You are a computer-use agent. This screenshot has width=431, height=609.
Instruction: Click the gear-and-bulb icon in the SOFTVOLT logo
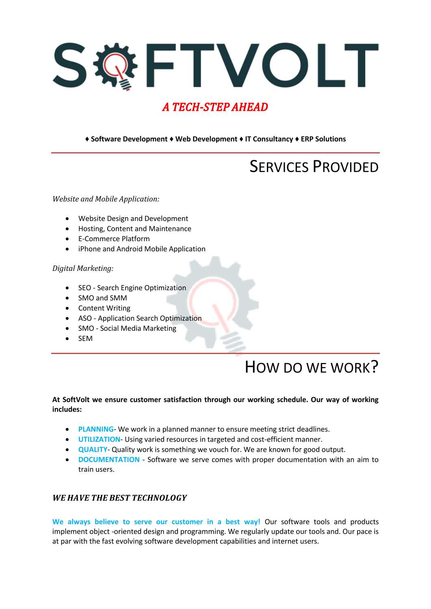[x=115, y=66]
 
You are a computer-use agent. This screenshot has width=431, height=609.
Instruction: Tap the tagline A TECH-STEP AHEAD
[x=215, y=107]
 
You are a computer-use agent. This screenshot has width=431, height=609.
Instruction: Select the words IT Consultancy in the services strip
[x=269, y=139]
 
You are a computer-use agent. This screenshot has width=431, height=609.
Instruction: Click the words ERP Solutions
[x=323, y=139]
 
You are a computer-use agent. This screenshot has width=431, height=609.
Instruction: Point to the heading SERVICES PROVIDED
[x=314, y=167]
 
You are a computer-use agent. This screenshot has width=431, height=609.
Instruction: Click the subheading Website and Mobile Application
[x=106, y=199]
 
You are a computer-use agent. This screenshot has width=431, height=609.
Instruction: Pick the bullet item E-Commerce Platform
[x=114, y=239]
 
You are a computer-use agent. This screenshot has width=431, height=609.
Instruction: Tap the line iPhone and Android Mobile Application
[x=142, y=249]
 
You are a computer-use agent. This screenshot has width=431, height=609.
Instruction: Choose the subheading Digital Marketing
[x=83, y=268]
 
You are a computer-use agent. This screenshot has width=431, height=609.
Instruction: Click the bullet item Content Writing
[x=104, y=308]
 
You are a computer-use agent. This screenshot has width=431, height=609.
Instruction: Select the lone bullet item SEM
[x=85, y=339]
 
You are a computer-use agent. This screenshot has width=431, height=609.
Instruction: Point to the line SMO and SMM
[x=102, y=298]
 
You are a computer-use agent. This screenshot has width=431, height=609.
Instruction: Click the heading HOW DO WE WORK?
[x=312, y=367]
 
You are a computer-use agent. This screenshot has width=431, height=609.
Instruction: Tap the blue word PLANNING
[x=96, y=429]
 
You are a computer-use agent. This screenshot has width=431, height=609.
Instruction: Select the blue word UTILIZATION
[x=99, y=439]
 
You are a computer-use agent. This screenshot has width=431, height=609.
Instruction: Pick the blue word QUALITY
[x=93, y=449]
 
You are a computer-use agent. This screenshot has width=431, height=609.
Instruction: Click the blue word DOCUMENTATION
[x=109, y=460]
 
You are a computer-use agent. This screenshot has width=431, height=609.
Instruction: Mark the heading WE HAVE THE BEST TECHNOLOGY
[x=119, y=498]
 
